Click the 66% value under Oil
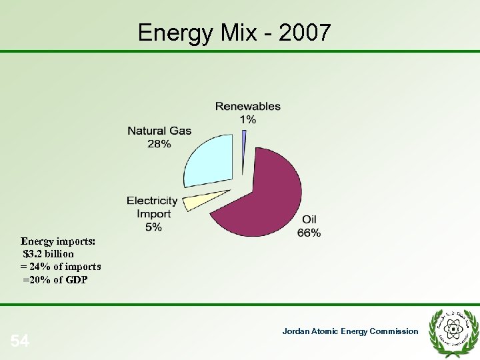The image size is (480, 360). click(x=309, y=233)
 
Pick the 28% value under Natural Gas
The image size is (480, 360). click(x=159, y=143)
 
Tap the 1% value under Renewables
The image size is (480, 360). click(x=248, y=119)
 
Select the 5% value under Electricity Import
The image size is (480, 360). click(x=153, y=227)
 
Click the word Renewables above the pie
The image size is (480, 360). click(x=248, y=106)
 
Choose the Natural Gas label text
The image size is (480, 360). click(x=159, y=131)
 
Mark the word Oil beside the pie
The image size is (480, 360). click(x=309, y=220)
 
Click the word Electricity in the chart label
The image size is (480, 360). click(x=153, y=201)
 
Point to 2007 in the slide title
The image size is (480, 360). click(x=305, y=32)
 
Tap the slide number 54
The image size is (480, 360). click(x=20, y=342)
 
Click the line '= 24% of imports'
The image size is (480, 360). click(x=61, y=267)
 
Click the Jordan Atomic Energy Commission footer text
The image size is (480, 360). click(x=350, y=331)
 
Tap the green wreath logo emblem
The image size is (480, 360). click(x=455, y=328)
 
